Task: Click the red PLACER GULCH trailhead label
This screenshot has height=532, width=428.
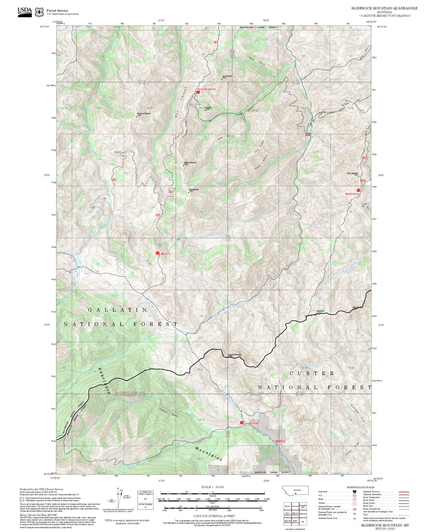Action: pos(206,89)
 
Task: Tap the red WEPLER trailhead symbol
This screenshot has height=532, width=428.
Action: pos(158,253)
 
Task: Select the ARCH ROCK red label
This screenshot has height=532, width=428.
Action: pos(352,194)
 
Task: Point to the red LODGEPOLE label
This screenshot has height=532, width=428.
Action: pos(252,423)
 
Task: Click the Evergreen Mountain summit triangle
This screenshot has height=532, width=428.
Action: pos(137,117)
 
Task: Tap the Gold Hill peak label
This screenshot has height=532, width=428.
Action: pos(208,108)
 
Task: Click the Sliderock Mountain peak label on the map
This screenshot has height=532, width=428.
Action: pos(190,163)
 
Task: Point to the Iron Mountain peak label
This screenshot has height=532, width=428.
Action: pos(227,77)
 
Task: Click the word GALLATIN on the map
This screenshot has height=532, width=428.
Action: pos(118,310)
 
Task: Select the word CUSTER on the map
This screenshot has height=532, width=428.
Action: pos(312,373)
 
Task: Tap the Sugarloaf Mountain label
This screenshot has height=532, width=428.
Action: pos(235,355)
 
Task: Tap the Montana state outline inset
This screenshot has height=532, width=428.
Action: pos(295,490)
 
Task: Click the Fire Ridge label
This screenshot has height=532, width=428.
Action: pos(259,146)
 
